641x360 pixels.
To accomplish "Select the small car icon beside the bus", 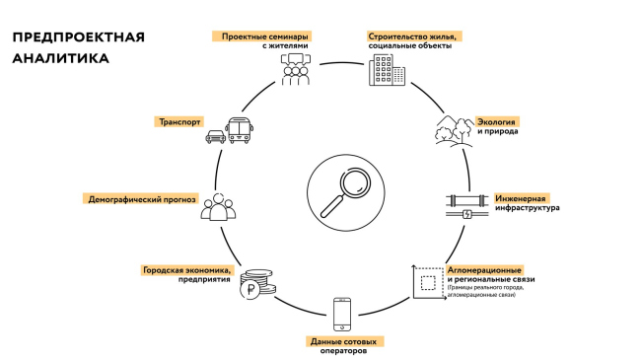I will pos(213,138).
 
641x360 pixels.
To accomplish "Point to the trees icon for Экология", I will pos(452,131).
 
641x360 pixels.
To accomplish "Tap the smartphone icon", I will pos(342,314).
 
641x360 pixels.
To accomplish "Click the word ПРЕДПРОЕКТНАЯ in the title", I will pos(78,37).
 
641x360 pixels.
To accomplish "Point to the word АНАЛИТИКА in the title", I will pos(61,58).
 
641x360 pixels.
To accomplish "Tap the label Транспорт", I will pos(179,123).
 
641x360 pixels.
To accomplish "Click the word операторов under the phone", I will pos(342,350).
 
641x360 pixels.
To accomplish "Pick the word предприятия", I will pos(205,279).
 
